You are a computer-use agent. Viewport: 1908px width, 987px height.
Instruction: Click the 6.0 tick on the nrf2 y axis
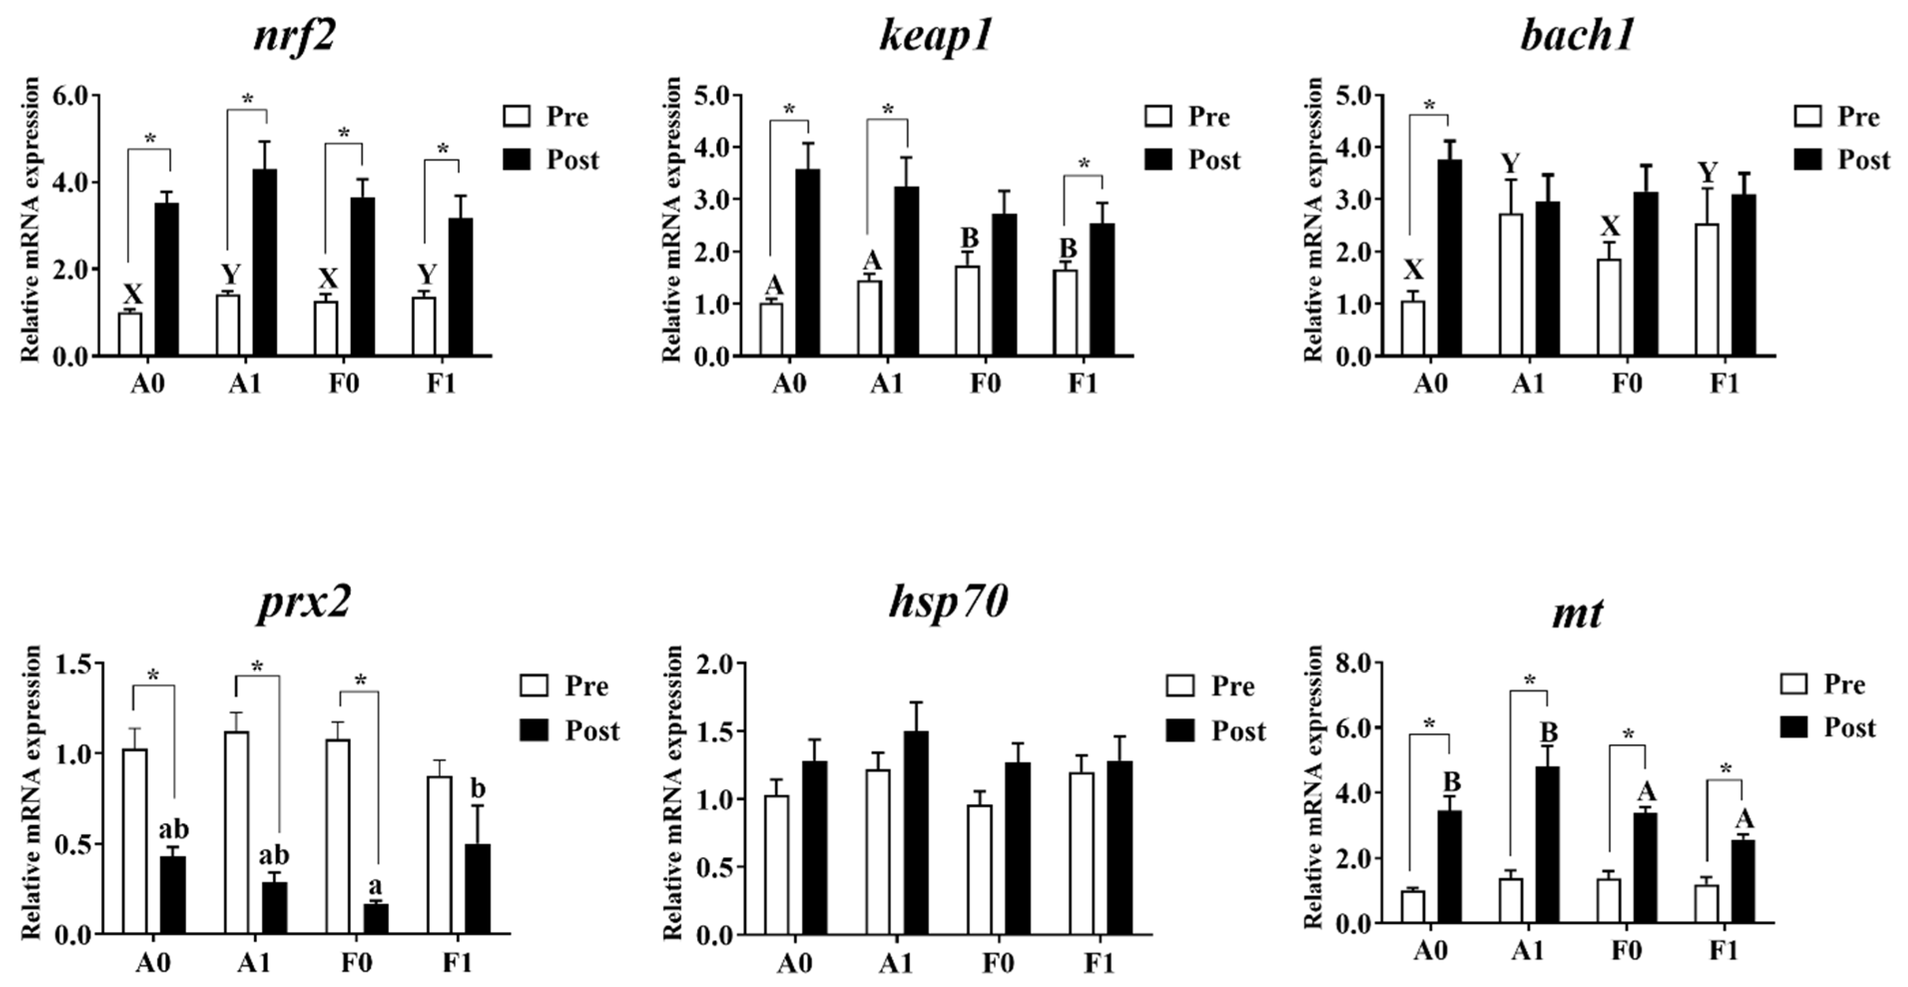[70, 95]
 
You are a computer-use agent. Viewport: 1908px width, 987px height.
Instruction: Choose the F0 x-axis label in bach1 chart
[1627, 384]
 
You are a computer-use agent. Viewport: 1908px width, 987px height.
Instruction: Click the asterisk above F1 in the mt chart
[1725, 770]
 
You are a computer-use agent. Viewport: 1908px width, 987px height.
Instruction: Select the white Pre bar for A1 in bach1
[1511, 285]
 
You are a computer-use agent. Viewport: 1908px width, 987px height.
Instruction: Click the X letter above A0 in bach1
[1413, 270]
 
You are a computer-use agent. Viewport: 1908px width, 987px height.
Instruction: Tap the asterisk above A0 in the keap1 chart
[789, 110]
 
